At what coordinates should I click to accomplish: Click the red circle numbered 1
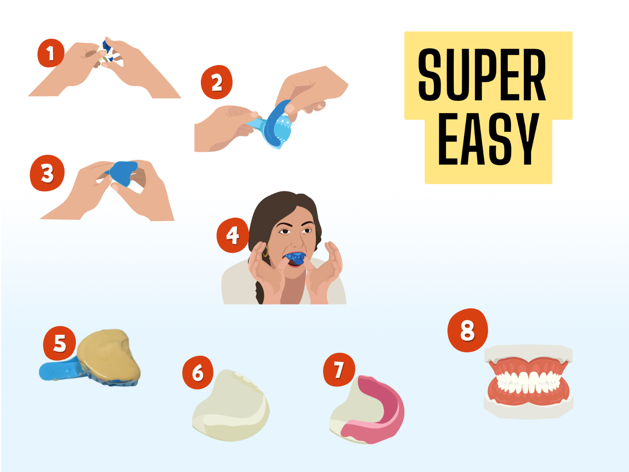tap(51, 53)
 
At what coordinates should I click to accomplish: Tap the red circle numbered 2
tap(217, 82)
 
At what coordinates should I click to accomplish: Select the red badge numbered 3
tap(47, 173)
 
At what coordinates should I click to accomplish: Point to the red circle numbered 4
tap(233, 235)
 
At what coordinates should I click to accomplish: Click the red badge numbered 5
tap(60, 343)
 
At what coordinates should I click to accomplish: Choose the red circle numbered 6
tap(198, 372)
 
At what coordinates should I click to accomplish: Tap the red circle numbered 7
tap(339, 370)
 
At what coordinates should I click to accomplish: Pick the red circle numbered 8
tap(467, 330)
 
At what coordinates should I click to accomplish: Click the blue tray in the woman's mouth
tap(296, 258)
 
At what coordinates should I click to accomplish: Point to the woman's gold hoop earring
tap(265, 252)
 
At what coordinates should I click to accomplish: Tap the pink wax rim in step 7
tap(383, 409)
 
